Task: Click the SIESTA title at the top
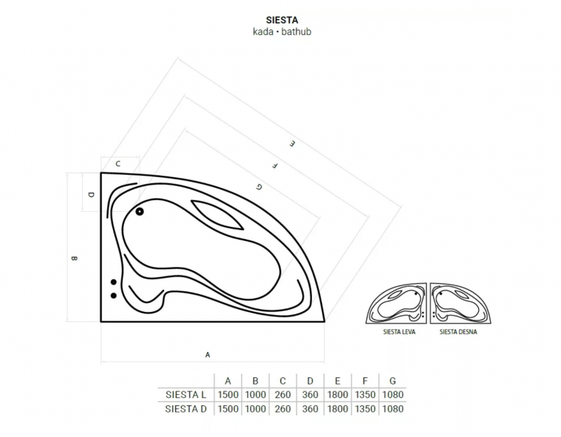tap(282, 20)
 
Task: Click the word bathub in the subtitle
tap(296, 32)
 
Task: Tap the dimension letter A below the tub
tap(208, 355)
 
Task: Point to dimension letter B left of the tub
tap(74, 258)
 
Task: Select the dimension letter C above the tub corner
tap(118, 164)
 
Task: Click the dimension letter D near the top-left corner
tap(91, 195)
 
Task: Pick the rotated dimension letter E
tap(292, 144)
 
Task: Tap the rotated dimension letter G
tap(259, 187)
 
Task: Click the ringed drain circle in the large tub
tap(140, 212)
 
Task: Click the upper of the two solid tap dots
tap(114, 282)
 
